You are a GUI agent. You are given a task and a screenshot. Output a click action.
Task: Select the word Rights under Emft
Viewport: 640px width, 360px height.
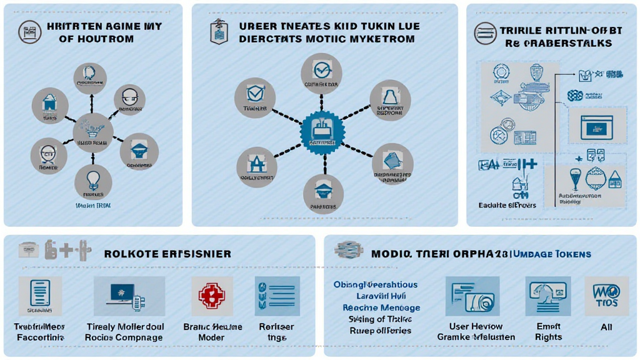[x=548, y=337]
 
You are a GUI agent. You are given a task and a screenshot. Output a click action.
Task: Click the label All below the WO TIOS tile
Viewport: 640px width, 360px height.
[x=606, y=327]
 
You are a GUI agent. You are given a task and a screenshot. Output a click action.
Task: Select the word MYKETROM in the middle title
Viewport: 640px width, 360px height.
[x=381, y=39]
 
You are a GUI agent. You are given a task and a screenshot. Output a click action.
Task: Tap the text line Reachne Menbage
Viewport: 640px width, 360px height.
[x=381, y=307]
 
